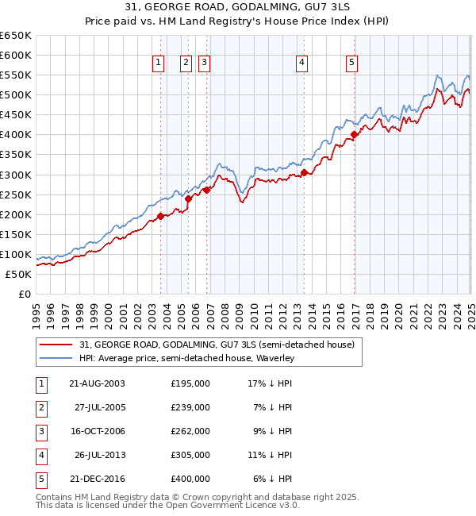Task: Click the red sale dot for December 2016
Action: pyautogui.click(x=355, y=134)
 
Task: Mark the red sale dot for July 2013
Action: pyautogui.click(x=305, y=172)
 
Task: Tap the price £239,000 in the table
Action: pyautogui.click(x=190, y=407)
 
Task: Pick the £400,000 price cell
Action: pyautogui.click(x=190, y=479)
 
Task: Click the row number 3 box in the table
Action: pyautogui.click(x=41, y=431)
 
